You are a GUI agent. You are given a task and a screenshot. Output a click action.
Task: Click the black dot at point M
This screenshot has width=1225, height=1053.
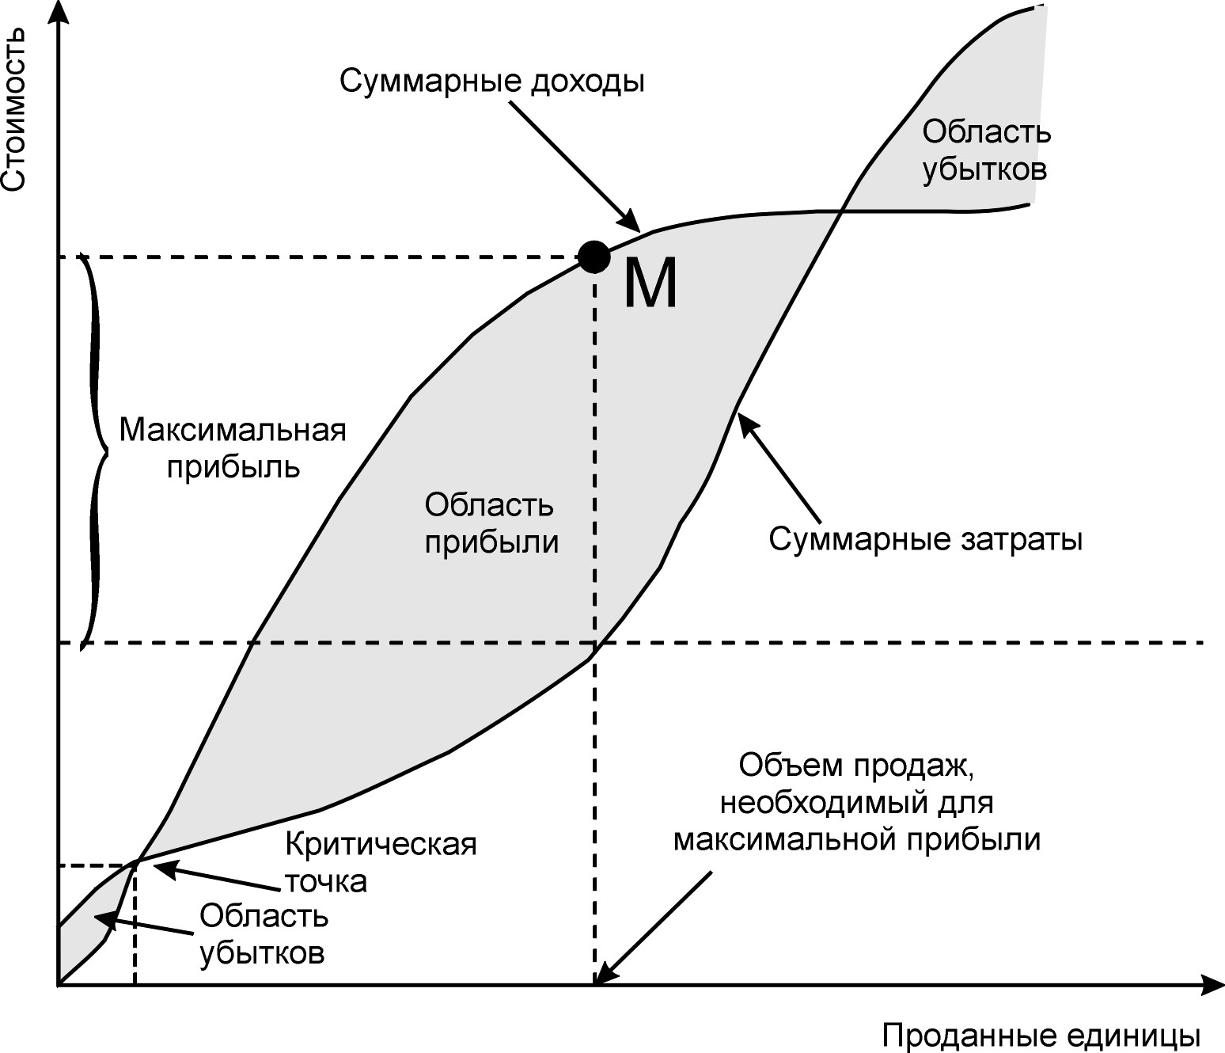tap(594, 256)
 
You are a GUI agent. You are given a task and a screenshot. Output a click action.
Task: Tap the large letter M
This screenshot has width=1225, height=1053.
tap(650, 285)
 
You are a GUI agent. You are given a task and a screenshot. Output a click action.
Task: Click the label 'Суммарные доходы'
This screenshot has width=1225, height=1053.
tap(492, 81)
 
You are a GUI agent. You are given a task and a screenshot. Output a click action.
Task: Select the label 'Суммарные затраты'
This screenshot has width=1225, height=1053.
tap(926, 540)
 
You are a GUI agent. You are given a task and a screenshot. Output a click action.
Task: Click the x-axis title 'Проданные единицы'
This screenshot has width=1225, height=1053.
tap(1041, 1036)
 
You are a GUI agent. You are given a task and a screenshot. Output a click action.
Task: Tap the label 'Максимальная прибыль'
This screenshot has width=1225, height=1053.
tap(233, 448)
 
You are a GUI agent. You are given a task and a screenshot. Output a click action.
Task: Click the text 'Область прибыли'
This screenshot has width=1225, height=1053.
tap(491, 523)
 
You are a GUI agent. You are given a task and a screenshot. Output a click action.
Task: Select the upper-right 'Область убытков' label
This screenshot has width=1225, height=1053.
tap(986, 150)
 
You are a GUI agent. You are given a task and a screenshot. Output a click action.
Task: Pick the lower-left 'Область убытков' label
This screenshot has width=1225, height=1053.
tap(263, 935)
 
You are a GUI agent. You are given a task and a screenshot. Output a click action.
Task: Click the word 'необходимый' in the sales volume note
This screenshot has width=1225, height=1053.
tap(818, 803)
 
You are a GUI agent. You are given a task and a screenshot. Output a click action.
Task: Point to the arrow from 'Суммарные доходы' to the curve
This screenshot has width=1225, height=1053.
tap(573, 165)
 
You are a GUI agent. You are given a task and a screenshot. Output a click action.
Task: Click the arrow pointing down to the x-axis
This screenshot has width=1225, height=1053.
tap(653, 926)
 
